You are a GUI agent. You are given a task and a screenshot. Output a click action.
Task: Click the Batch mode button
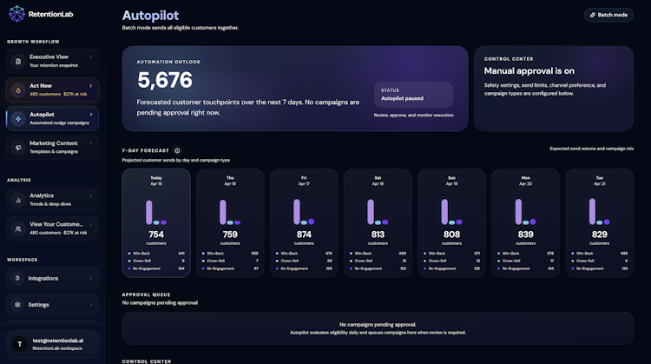pyautogui.click(x=608, y=15)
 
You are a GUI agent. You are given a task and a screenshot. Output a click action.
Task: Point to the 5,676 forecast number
pyautogui.click(x=165, y=81)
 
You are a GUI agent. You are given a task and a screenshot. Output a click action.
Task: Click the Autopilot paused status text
pyautogui.click(x=404, y=98)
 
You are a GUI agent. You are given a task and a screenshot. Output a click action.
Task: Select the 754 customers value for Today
pyautogui.click(x=156, y=234)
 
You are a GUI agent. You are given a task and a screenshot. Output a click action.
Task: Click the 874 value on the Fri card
pyautogui.click(x=304, y=234)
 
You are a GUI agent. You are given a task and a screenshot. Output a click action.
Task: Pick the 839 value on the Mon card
pyautogui.click(x=525, y=234)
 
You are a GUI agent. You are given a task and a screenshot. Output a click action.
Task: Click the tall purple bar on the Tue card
pyautogui.click(x=592, y=212)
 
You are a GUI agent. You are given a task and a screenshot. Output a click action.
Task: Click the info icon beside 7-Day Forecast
pyautogui.click(x=177, y=150)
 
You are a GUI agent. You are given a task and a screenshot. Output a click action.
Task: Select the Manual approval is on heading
pyautogui.click(x=529, y=71)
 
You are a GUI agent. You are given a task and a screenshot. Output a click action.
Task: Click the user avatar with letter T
pyautogui.click(x=16, y=344)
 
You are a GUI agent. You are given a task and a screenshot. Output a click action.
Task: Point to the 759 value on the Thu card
pyautogui.click(x=230, y=234)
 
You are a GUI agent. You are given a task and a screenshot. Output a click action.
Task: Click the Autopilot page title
pyautogui.click(x=152, y=16)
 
